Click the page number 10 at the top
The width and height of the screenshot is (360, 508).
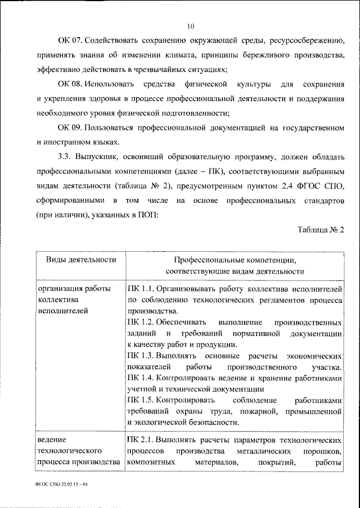(x=191, y=26)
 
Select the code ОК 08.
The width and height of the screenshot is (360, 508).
(x=70, y=84)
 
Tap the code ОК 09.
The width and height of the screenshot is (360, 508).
(x=70, y=128)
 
